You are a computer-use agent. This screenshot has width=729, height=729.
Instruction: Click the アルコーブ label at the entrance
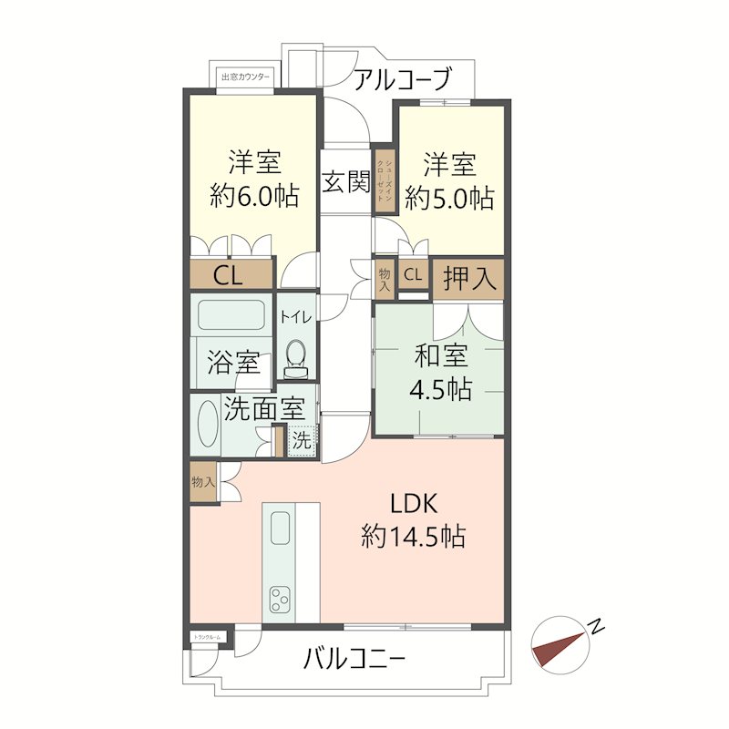[x=402, y=80]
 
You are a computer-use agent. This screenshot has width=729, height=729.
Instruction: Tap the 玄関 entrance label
[x=345, y=181]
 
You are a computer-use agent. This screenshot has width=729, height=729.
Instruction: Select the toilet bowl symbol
[x=295, y=354]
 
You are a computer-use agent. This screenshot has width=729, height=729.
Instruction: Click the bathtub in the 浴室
[x=231, y=315]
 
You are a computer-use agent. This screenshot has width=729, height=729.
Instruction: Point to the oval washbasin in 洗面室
[x=208, y=424]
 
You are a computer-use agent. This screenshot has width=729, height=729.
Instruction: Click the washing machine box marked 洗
[x=301, y=438]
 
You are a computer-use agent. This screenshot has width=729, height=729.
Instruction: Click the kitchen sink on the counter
[x=279, y=528]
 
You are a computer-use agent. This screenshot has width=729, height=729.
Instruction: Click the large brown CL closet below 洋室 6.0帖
[x=231, y=274]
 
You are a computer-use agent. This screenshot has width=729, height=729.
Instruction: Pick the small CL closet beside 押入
[x=413, y=274]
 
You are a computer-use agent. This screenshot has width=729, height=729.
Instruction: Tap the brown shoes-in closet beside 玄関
[x=385, y=180]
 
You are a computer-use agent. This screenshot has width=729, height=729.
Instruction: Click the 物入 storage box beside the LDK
[x=202, y=482]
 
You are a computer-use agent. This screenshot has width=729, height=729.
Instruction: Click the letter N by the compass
[x=597, y=626]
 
